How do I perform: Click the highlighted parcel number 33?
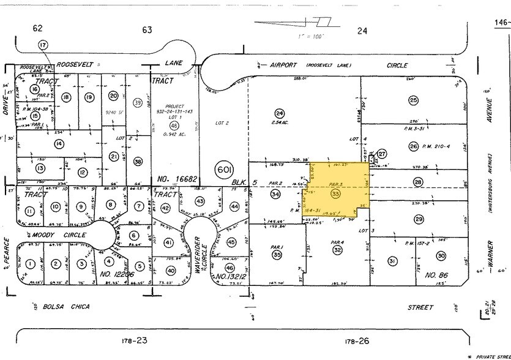[x=335, y=193]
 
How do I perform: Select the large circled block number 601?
[x=223, y=169]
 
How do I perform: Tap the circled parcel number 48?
[x=166, y=126]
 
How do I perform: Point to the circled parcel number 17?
[x=42, y=45]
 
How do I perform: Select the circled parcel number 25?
[x=414, y=100]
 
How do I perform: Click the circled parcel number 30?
[x=441, y=256]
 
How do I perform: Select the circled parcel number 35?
[x=277, y=255]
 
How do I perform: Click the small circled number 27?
[x=382, y=154]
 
